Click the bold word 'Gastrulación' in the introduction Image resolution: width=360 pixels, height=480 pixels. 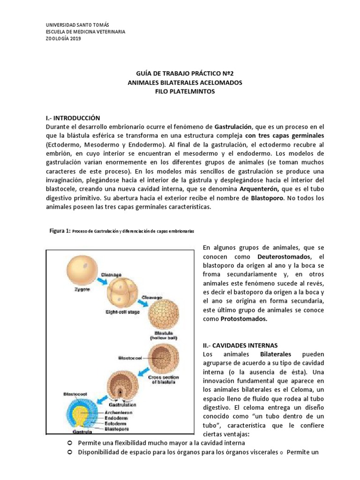point(233,127)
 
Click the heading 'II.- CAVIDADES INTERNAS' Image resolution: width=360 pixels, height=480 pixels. point(240,345)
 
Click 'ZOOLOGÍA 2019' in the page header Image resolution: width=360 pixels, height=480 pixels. point(63,39)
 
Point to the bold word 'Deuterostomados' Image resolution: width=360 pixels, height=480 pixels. point(284,257)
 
